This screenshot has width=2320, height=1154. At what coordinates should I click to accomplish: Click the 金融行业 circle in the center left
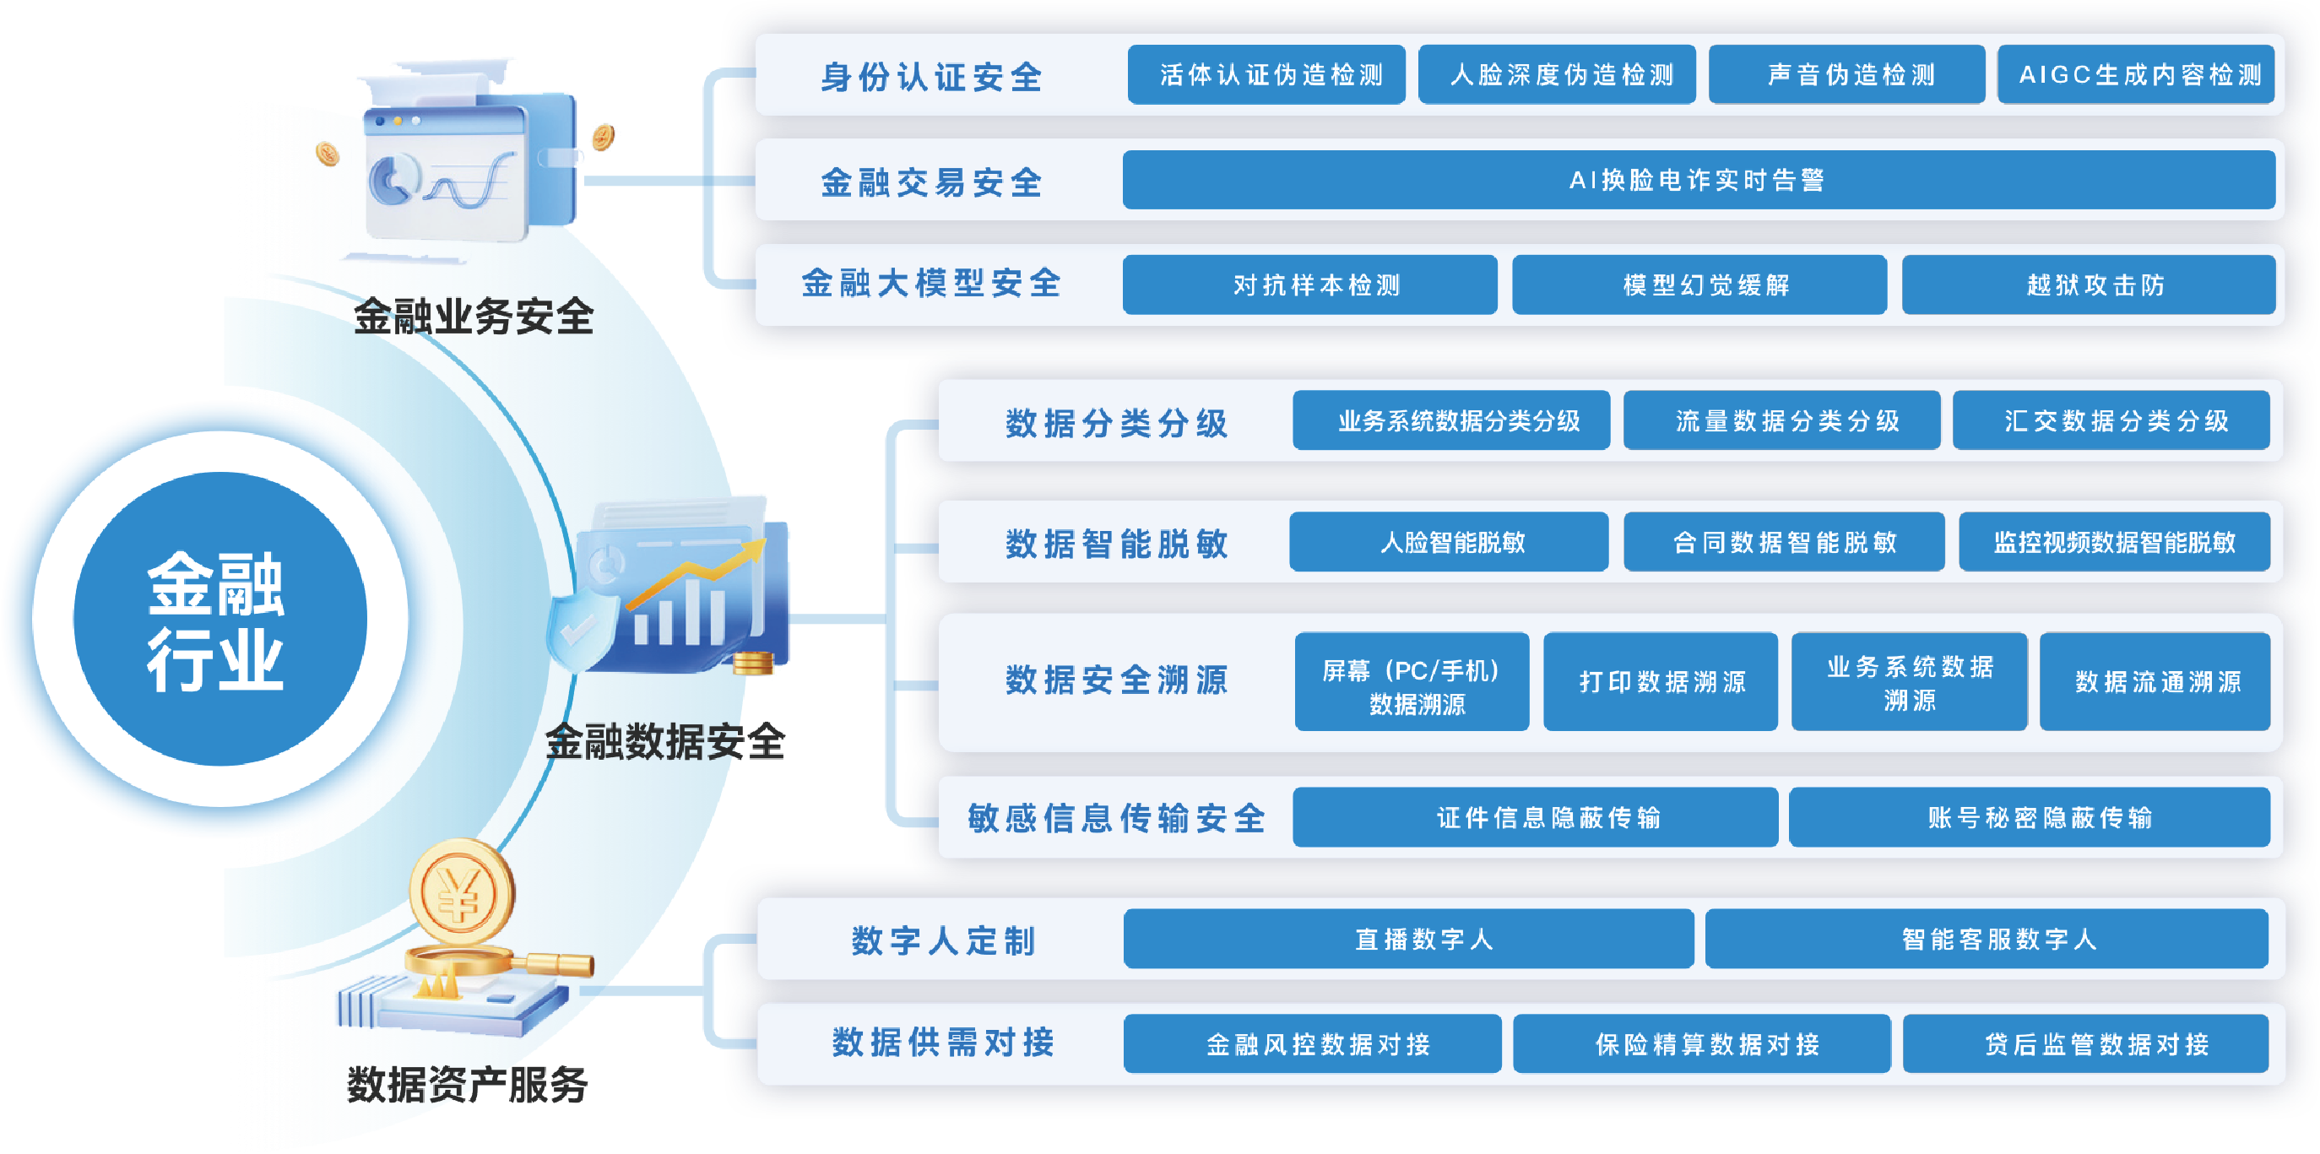point(219,620)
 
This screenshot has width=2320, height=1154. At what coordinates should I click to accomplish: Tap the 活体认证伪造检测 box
point(1266,75)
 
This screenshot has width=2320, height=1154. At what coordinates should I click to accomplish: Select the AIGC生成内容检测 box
point(2136,75)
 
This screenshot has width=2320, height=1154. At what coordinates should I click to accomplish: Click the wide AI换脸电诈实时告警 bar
point(1698,180)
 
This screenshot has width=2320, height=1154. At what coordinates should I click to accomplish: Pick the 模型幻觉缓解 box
point(1699,285)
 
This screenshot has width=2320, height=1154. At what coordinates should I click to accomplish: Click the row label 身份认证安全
point(931,77)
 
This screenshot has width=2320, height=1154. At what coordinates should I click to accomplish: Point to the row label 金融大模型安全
point(931,284)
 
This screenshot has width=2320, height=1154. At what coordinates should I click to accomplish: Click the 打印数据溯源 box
point(1661,682)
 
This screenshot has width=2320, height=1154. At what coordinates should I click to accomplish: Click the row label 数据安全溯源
point(1117,680)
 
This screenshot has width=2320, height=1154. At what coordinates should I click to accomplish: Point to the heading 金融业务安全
point(473,317)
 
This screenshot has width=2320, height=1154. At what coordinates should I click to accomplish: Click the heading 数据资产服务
point(467,1085)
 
